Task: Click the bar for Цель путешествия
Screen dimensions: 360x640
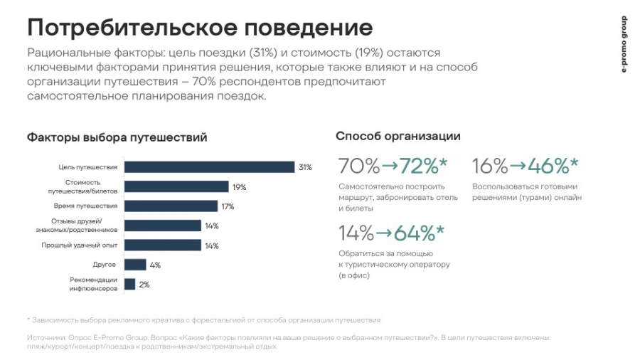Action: [x=209, y=167]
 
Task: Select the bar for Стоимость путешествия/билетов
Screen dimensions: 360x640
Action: [x=176, y=186]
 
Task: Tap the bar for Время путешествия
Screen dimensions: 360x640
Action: [x=171, y=206]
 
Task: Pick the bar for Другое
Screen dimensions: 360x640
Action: [x=135, y=265]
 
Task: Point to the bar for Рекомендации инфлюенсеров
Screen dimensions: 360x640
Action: [x=129, y=284]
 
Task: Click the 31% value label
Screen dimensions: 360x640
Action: [x=305, y=167]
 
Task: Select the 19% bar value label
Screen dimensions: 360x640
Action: [x=239, y=187]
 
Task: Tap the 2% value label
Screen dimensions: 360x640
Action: [x=144, y=285]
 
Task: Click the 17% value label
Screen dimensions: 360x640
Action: [x=228, y=206]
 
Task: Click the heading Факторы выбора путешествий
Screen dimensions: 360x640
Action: [x=117, y=137]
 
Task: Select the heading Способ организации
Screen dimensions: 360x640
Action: [x=398, y=136]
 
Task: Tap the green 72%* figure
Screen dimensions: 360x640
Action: [x=423, y=166]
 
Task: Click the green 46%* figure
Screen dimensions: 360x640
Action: [x=553, y=166]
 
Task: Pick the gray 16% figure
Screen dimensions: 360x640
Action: [x=490, y=166]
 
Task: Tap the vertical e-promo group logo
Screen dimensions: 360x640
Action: [x=624, y=44]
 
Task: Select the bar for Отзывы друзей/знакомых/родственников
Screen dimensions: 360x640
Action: [x=163, y=226]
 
